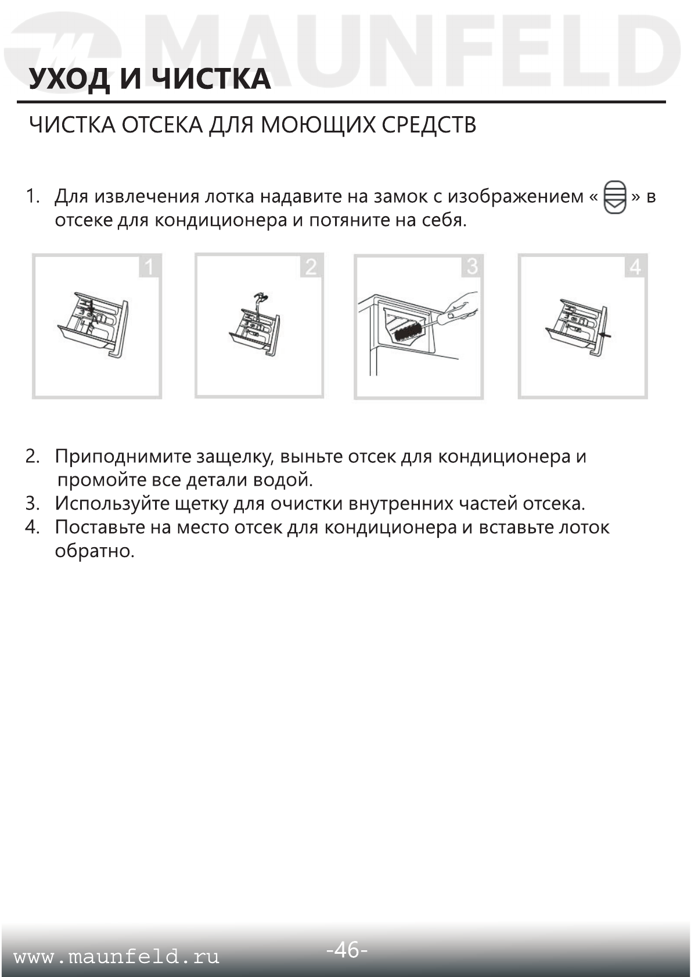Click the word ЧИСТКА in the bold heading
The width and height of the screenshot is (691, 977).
[x=213, y=80]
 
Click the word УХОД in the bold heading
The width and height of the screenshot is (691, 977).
[x=69, y=80]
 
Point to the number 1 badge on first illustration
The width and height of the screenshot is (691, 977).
[x=149, y=267]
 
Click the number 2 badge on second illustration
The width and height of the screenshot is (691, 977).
[x=311, y=267]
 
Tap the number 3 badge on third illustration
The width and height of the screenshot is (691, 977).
[x=472, y=267]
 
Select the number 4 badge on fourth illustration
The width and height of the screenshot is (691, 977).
[x=635, y=267]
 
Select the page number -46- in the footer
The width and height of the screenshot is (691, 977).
[x=347, y=950]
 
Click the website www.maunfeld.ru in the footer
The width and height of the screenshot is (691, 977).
[x=116, y=957]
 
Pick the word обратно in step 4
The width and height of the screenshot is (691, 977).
[x=94, y=551]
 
